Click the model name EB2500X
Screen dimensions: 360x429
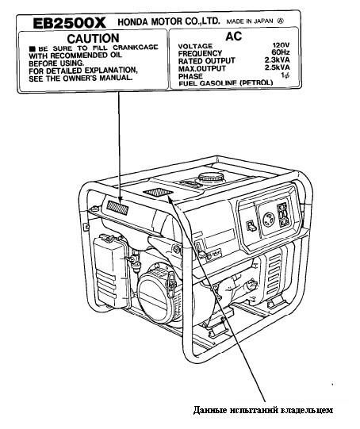(x=69, y=23)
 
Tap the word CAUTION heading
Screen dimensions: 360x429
(x=93, y=38)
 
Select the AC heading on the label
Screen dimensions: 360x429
(x=234, y=36)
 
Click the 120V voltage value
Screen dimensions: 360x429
(x=281, y=45)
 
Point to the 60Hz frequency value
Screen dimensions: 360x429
(x=281, y=52)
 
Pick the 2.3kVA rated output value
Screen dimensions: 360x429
(x=277, y=59)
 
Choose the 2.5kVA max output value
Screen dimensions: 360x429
(x=277, y=67)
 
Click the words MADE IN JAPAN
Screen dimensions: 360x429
(x=250, y=21)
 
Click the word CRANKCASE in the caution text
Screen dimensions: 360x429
(x=136, y=48)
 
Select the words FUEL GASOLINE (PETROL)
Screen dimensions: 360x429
(x=226, y=82)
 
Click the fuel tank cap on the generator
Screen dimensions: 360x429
(x=211, y=178)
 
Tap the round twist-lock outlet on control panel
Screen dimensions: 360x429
(x=269, y=219)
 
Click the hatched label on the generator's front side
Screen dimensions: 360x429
(x=117, y=208)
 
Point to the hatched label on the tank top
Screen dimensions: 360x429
(x=158, y=192)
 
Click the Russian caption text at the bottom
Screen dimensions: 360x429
(x=263, y=410)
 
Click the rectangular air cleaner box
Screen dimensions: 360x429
(x=112, y=271)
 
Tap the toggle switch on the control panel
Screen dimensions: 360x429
(x=251, y=226)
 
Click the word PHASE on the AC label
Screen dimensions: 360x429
(x=190, y=76)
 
